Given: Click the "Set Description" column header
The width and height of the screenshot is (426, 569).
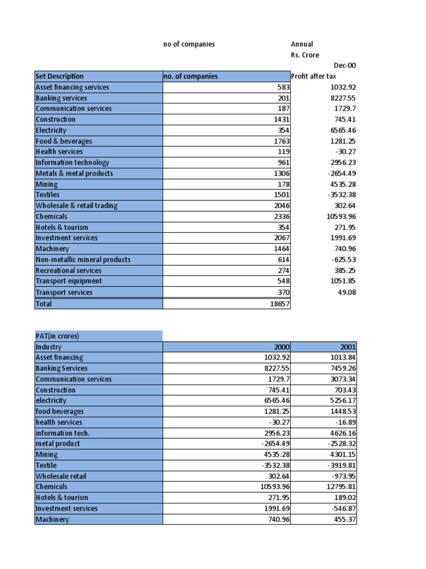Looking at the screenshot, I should pos(60,76).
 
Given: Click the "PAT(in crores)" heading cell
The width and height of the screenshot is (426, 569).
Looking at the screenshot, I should pos(58,336).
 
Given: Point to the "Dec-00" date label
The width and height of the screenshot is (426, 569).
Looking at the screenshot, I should pos(344,66).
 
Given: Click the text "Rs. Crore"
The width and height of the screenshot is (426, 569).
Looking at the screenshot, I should pos(305,55).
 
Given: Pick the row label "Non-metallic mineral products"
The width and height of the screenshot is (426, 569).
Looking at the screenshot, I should pos(83,260).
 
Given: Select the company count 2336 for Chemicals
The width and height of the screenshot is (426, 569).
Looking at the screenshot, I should pos(281,217).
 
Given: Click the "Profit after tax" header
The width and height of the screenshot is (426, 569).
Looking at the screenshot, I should pos(314,76).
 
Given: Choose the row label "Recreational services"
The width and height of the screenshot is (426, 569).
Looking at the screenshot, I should pos(68,271).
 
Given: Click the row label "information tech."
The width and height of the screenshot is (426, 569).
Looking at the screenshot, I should pos(63,433).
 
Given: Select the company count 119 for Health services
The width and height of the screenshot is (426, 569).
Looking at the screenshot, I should pos(283,152).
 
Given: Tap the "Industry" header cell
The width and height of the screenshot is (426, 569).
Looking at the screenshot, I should pos(48,347).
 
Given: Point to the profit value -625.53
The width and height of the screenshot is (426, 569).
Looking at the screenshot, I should pos(343,260).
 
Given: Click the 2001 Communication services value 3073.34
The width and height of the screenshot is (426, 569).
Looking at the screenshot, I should pos(341,379).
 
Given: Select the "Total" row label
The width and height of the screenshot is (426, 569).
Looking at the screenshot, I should pos(44,303).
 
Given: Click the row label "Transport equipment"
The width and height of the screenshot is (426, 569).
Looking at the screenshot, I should pos(68,281).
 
